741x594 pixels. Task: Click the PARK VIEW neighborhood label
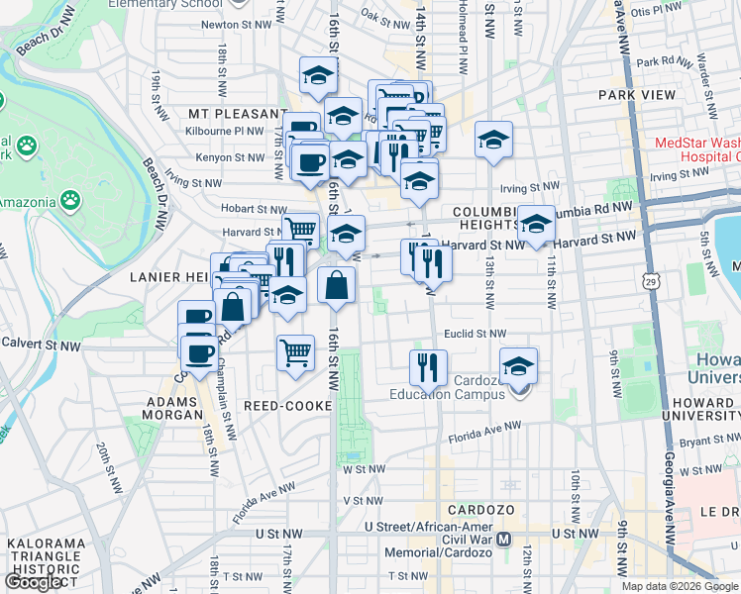pos(637,95)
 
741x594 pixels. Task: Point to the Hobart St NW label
pos(257,209)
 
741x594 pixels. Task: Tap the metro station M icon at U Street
pos(504,540)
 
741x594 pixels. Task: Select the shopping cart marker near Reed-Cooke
pos(296,351)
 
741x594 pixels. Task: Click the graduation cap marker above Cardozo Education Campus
pos(518,363)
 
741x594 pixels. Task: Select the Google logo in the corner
pos(34,582)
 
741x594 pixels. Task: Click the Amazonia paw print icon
pos(70,201)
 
